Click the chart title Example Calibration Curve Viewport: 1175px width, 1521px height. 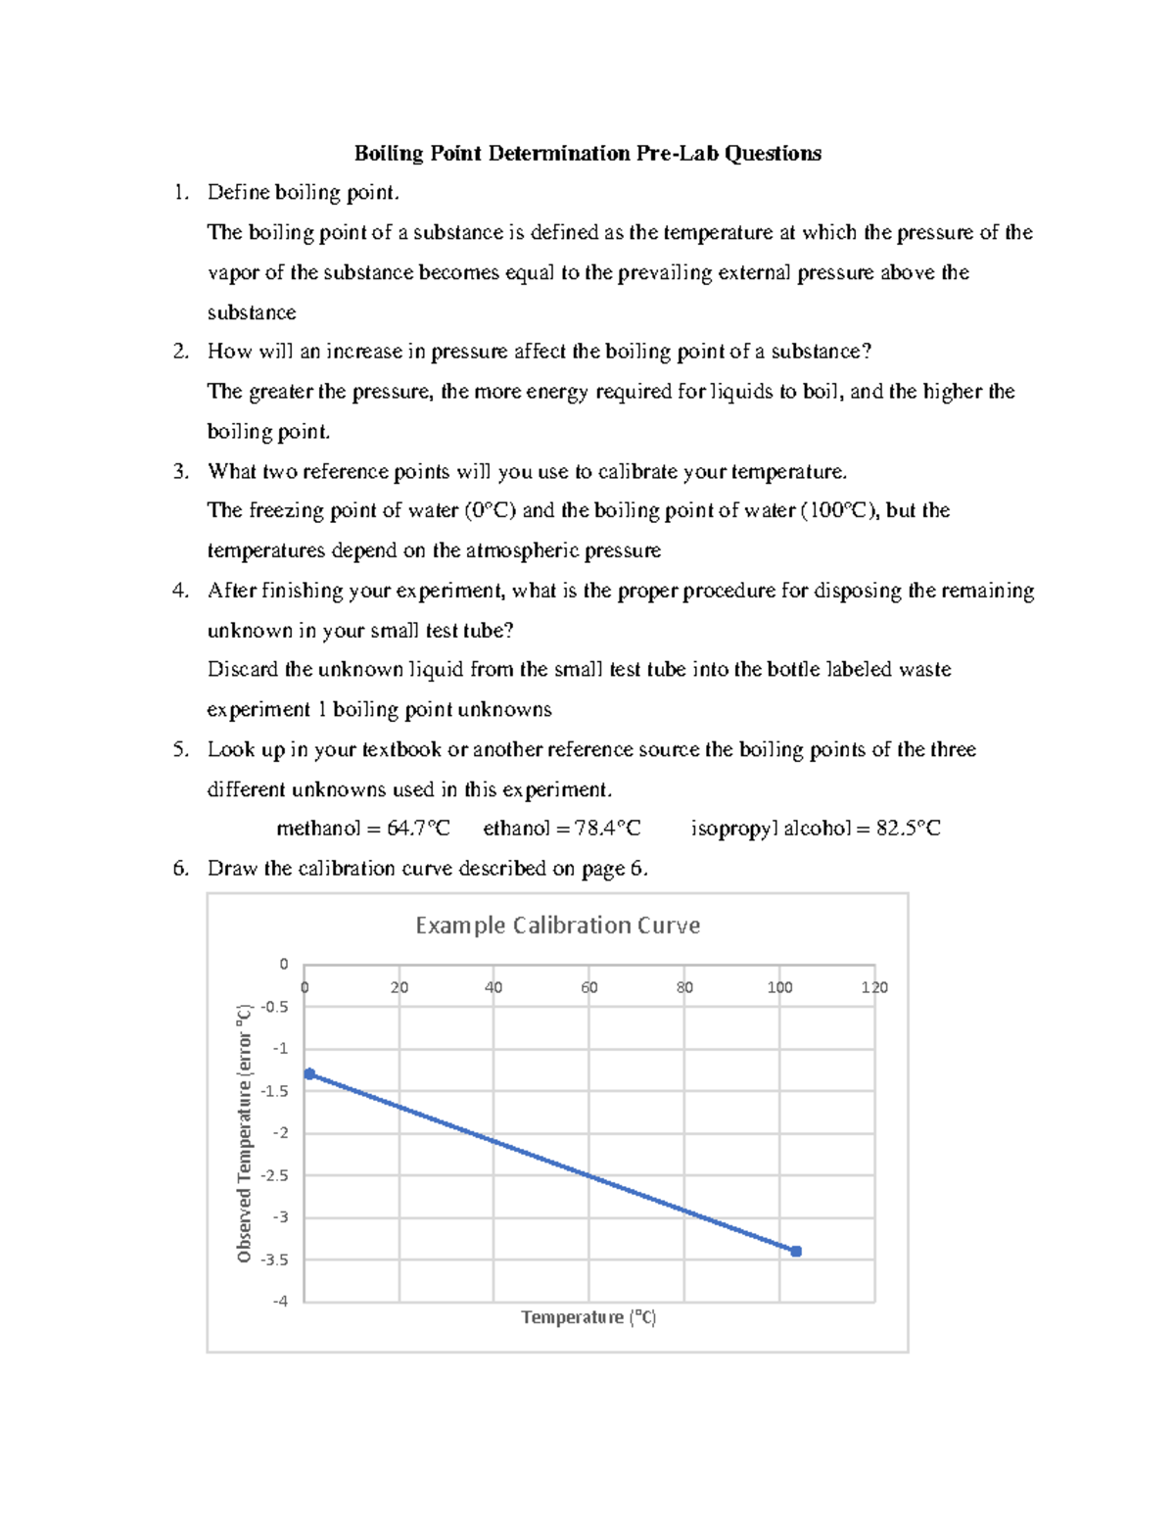point(557,926)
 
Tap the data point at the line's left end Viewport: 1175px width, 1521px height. point(309,1074)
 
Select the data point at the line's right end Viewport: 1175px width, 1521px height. point(796,1252)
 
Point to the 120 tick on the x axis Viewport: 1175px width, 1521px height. point(873,987)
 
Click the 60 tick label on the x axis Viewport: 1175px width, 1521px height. point(588,987)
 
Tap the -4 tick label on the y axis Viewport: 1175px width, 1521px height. point(280,1302)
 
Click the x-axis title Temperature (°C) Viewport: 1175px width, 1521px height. point(588,1317)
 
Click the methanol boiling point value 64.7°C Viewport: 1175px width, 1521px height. point(418,829)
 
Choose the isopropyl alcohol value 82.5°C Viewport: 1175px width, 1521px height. point(908,829)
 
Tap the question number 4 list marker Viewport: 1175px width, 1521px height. point(179,591)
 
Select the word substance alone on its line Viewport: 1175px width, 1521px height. point(251,312)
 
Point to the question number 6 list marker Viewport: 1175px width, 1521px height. point(179,869)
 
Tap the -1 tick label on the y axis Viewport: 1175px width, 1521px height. point(280,1049)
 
